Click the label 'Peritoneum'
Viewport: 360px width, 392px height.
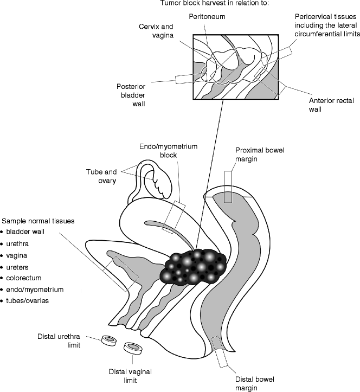click(207, 17)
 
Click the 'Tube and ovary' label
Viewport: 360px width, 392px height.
click(102, 177)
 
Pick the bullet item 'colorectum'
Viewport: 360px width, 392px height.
click(25, 278)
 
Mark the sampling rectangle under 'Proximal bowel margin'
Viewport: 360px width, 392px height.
click(228, 187)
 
